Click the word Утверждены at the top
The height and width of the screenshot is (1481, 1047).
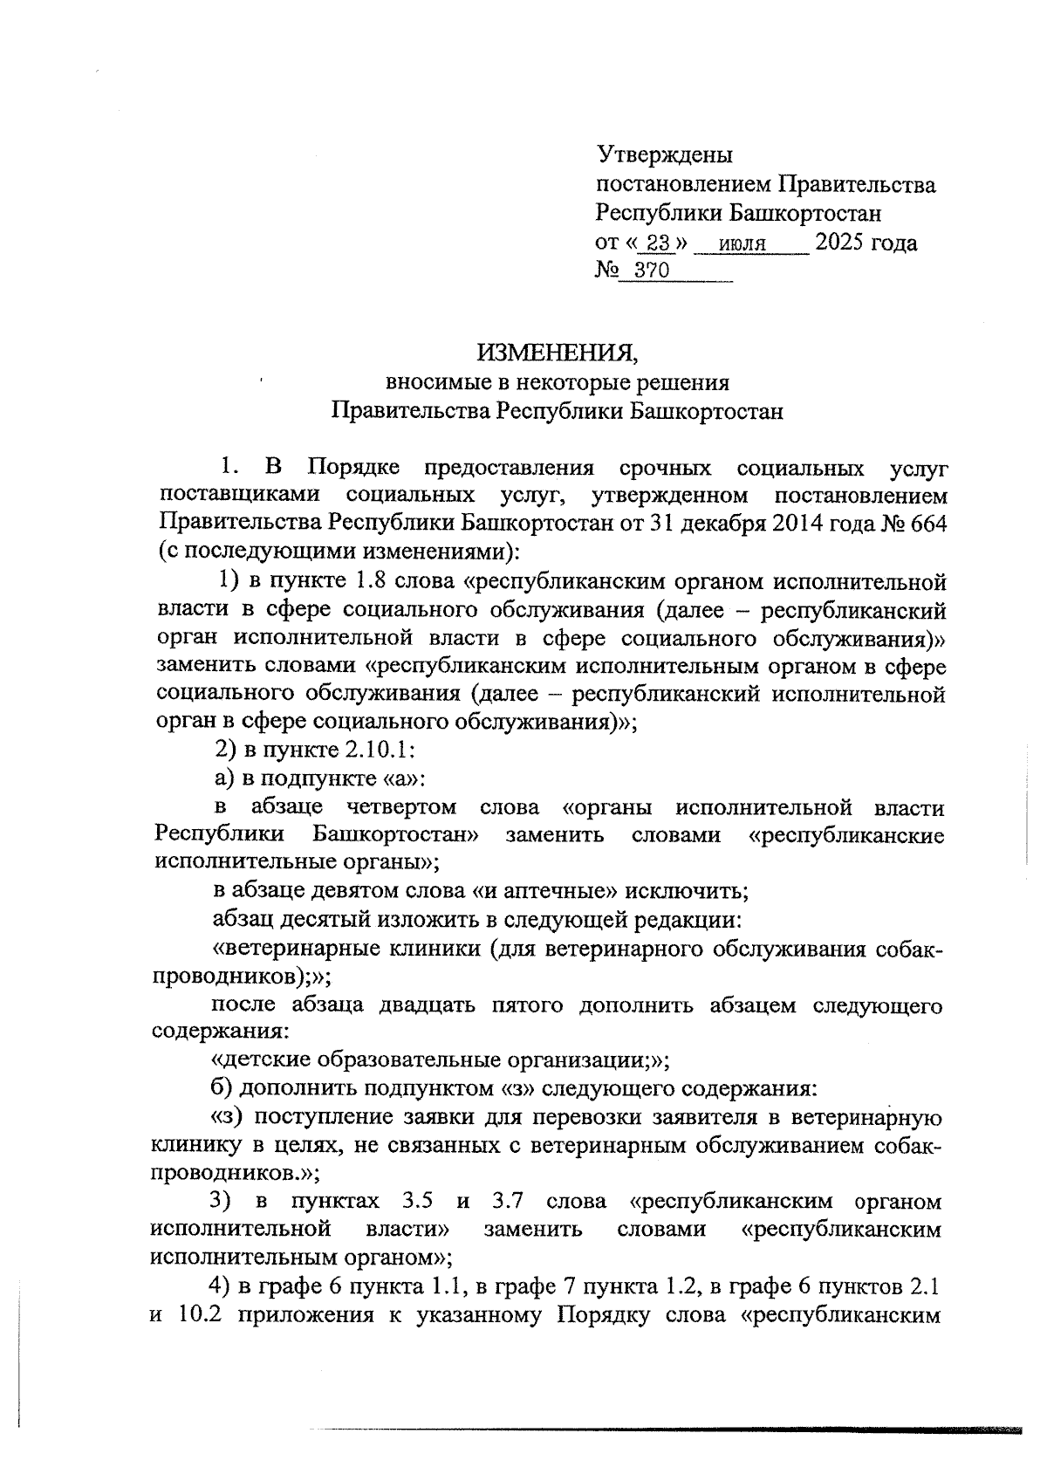pos(665,155)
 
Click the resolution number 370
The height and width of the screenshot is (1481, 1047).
pos(652,271)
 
